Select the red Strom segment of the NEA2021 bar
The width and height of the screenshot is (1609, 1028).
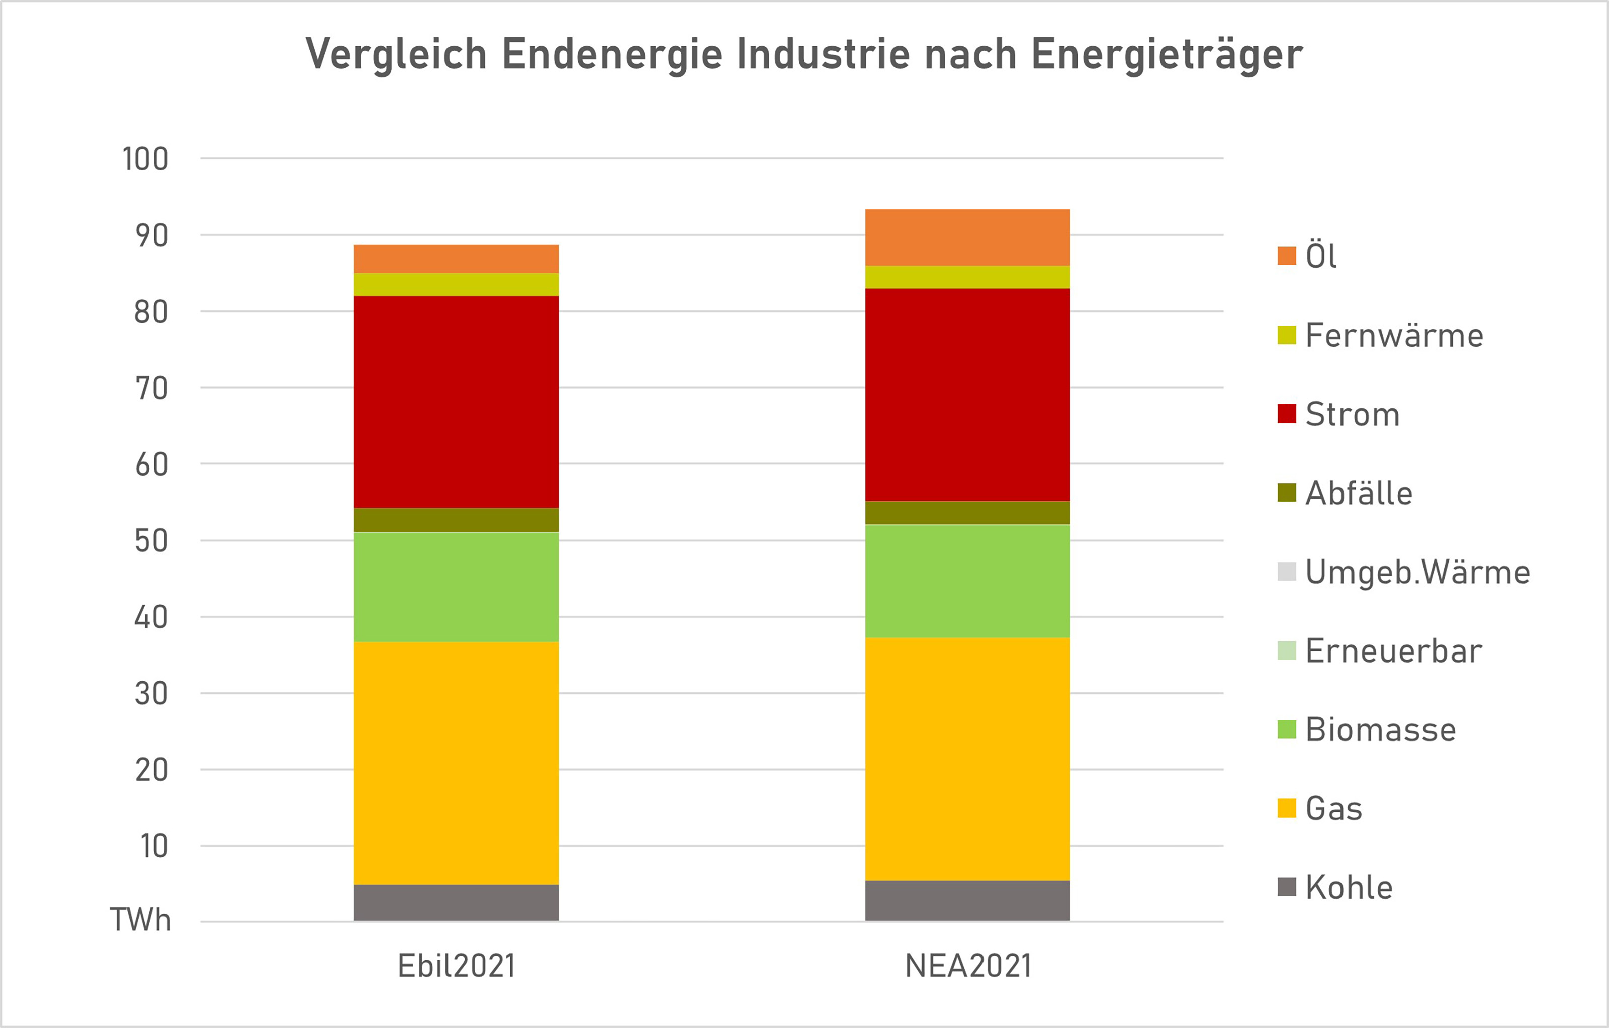967,394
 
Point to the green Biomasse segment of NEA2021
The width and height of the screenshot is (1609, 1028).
967,581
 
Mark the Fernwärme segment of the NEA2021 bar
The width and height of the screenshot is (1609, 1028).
967,276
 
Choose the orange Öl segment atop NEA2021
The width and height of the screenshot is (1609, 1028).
967,237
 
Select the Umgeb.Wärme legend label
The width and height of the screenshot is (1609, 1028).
1416,572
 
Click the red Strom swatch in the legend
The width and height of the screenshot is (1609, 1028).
1286,414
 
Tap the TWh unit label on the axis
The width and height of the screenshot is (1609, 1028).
140,920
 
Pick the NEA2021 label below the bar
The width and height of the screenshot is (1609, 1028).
967,966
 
